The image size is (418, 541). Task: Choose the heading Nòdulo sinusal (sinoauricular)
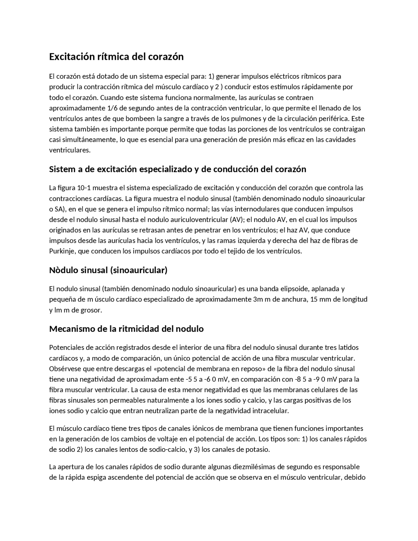coord(108,270)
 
